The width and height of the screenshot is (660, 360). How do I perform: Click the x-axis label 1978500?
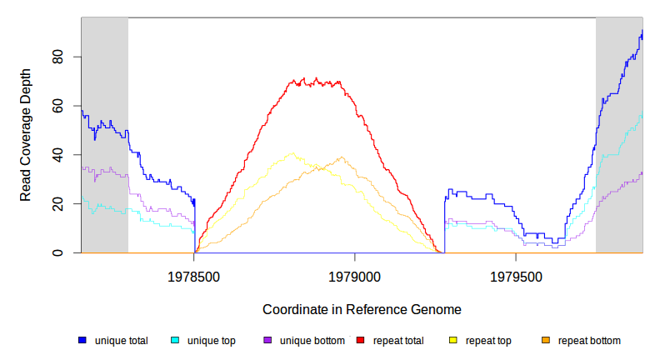click(x=194, y=276)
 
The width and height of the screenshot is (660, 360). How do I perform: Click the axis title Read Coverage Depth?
click(x=26, y=135)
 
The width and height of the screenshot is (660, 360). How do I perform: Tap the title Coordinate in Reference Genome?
click(x=362, y=309)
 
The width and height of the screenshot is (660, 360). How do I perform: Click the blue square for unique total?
click(x=82, y=340)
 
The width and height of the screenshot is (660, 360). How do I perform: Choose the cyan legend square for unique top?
click(x=175, y=340)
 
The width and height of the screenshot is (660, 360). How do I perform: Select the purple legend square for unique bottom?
click(x=267, y=340)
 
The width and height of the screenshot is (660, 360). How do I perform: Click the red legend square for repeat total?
click(x=360, y=340)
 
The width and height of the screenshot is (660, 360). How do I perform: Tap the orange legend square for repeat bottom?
click(x=545, y=340)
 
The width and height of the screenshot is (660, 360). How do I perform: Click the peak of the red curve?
click(x=316, y=79)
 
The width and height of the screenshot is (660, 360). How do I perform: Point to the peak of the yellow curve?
click(x=291, y=153)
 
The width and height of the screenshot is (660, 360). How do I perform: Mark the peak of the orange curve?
click(x=341, y=157)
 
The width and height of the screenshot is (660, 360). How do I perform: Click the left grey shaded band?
click(x=104, y=133)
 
